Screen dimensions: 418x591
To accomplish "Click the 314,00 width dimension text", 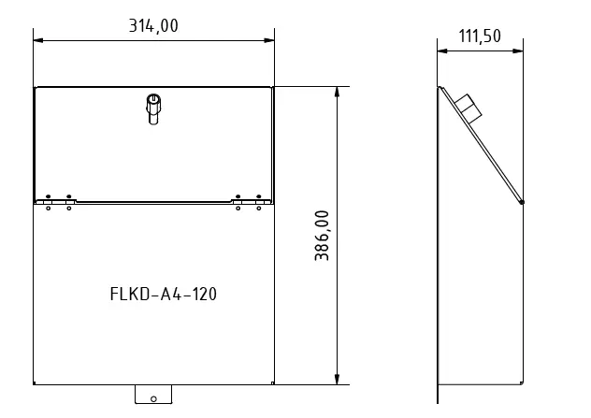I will coord(153,26).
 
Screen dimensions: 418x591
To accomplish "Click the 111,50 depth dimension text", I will coord(480,36).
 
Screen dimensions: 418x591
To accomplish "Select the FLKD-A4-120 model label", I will coord(164,294).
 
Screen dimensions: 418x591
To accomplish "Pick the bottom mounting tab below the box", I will coord(154,394).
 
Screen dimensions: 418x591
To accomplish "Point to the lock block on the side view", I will coord(471,109).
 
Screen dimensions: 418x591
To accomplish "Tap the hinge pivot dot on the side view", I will coord(522,201).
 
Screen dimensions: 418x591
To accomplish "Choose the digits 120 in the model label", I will coord(205,294).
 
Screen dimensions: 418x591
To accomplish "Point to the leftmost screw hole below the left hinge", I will coord(47,208).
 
